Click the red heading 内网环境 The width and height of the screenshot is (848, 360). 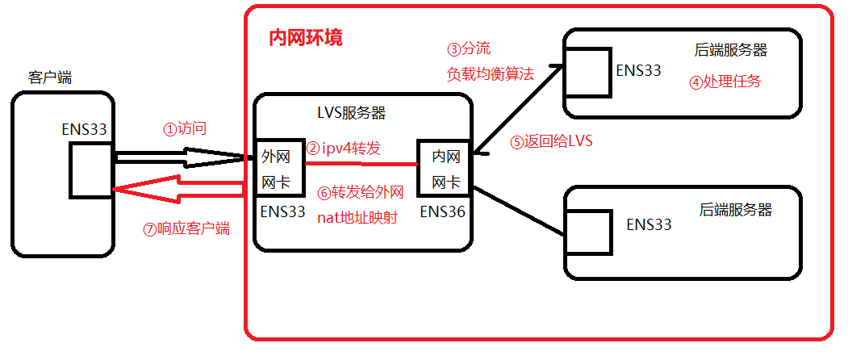[x=305, y=39]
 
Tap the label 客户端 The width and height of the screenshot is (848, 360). [x=50, y=77]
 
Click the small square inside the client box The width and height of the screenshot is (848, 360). [x=90, y=169]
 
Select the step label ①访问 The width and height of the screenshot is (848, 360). [x=185, y=128]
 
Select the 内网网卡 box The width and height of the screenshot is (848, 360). [x=443, y=168]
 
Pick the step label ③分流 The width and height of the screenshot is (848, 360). [x=468, y=48]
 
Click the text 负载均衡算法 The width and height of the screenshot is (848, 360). [x=490, y=74]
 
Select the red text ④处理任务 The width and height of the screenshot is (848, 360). [x=725, y=82]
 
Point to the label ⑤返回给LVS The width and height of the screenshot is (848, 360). [x=550, y=141]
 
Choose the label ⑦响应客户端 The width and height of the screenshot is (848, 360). [x=186, y=228]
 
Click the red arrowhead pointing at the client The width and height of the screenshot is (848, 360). [x=129, y=189]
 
